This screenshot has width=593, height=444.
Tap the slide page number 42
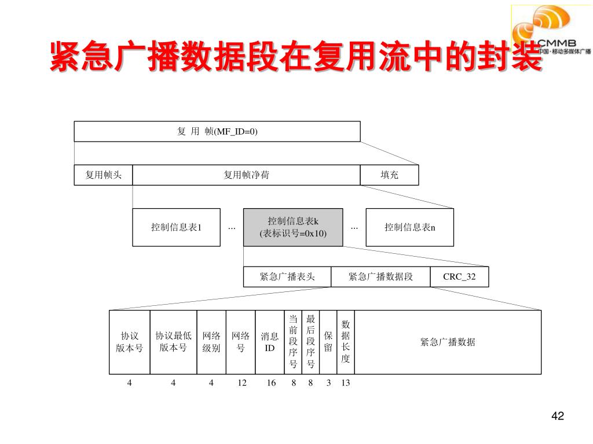558,417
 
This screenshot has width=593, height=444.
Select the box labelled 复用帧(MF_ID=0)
217,131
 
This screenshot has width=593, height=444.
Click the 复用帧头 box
103,175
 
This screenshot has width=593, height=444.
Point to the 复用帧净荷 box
246,175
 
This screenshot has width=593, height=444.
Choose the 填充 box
389,175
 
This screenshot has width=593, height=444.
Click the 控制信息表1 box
176,227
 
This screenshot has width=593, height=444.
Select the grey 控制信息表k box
293,227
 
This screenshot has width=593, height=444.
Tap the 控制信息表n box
410,227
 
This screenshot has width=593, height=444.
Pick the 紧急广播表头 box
287,277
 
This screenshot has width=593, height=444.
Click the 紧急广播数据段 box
380,277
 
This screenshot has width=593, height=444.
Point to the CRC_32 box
459,277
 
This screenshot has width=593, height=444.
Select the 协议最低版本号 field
173,342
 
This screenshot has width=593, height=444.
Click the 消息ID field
270,342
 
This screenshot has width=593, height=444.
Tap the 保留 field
328,342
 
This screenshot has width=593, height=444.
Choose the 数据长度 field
346,342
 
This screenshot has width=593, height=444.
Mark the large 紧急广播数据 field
448,342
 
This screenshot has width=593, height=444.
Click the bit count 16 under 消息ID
271,383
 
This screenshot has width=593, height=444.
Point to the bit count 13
346,383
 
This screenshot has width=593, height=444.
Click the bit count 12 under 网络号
242,383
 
